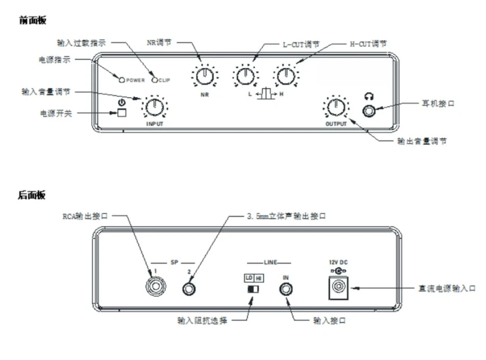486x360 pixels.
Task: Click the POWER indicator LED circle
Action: coord(122,80)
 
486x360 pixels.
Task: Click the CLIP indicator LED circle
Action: coord(155,80)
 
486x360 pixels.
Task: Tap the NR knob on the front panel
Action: coord(205,76)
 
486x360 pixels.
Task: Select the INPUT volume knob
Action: coord(155,107)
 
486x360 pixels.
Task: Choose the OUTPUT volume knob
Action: coord(336,107)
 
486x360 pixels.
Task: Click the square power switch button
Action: coord(122,112)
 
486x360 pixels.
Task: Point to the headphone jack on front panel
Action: coord(369,111)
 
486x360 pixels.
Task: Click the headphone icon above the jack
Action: coord(369,97)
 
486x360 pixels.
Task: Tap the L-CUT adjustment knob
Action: coord(245,76)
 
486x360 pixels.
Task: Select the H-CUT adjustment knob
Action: coord(286,76)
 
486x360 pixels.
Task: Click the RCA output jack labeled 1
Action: coord(155,286)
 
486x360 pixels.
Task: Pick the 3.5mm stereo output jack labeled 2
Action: coord(189,289)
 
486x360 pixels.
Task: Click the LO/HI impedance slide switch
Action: coord(253,289)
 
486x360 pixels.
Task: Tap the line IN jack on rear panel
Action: coord(286,289)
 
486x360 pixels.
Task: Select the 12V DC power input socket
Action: coord(338,288)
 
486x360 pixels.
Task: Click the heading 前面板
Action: coord(33,20)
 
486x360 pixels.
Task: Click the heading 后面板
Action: coord(32,195)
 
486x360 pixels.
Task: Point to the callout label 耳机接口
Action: coord(438,103)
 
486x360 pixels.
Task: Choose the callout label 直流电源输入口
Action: coord(447,289)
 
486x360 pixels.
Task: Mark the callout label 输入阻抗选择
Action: coord(202,320)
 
